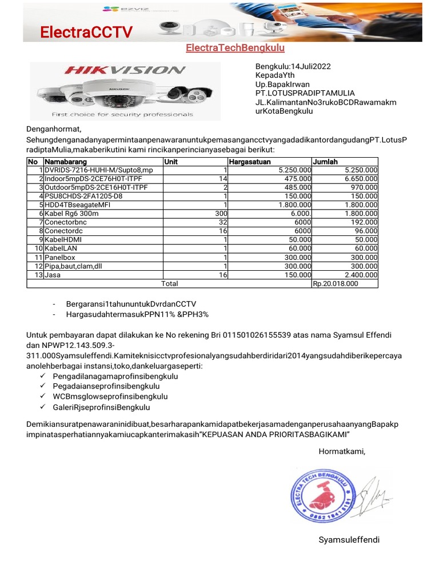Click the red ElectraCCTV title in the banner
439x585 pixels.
coord(86,33)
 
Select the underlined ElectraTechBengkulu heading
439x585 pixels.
coord(235,48)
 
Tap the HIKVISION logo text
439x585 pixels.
coord(125,71)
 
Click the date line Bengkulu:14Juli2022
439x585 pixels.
coord(293,66)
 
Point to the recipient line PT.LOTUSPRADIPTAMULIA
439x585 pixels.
coord(305,93)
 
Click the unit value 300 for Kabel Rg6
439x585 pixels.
coord(221,213)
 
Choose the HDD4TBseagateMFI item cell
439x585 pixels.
coord(77,205)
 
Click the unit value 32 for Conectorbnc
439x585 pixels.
coord(223,222)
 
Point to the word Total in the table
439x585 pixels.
coord(169,283)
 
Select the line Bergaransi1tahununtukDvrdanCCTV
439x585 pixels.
coord(127,304)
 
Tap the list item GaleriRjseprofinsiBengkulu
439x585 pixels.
coord(101,407)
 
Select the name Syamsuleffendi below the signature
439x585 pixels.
coord(349,540)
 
